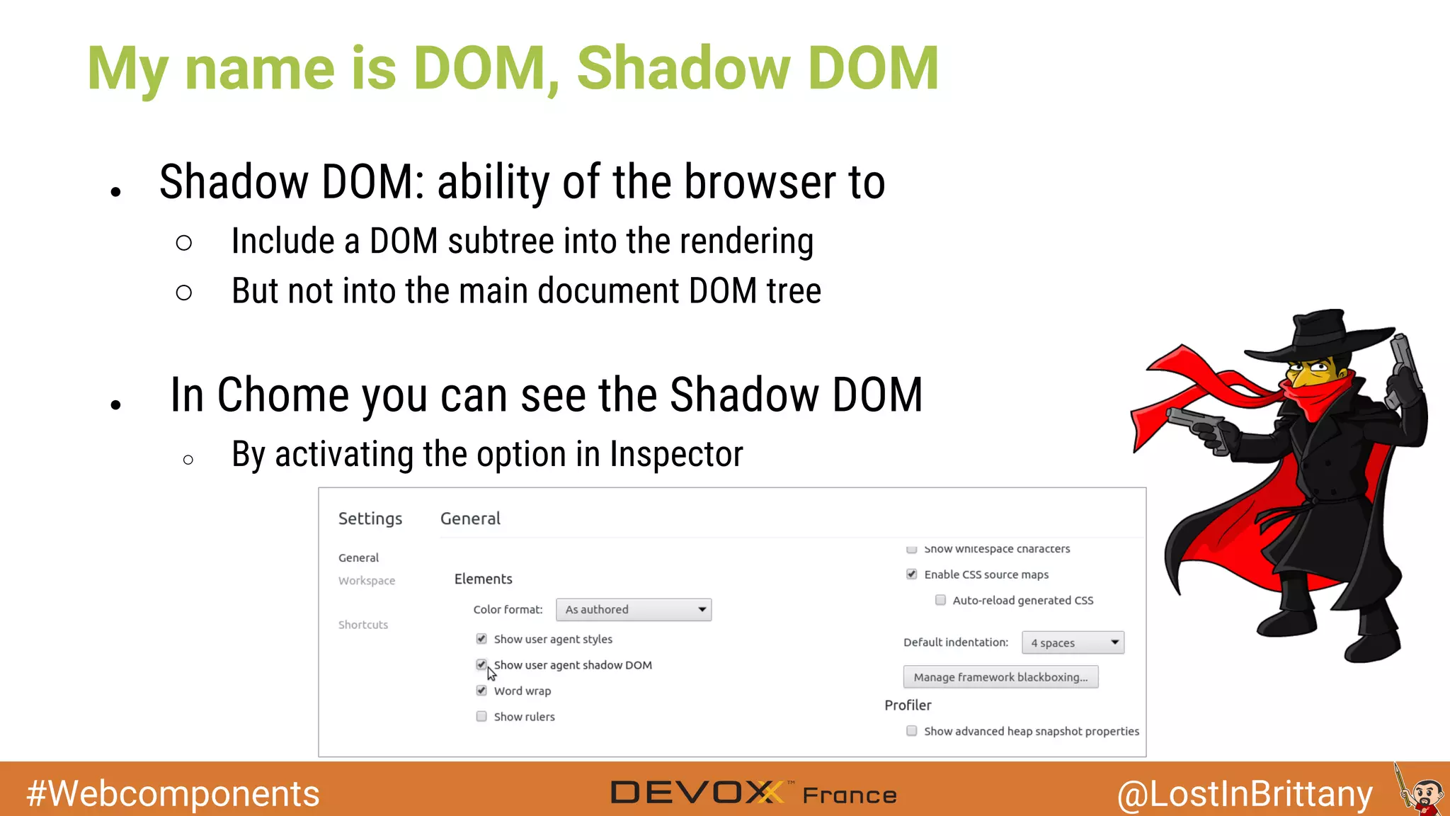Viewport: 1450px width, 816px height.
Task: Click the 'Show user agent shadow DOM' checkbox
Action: click(481, 664)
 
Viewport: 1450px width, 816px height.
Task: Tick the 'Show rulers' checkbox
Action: click(481, 716)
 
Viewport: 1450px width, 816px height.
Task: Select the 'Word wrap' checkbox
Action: click(481, 691)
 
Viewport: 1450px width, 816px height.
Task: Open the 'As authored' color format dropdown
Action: click(634, 609)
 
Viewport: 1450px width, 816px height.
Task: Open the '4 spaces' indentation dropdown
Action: click(1073, 642)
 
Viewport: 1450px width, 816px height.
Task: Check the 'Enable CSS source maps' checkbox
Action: click(912, 574)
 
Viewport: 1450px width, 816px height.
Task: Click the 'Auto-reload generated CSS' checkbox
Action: click(940, 600)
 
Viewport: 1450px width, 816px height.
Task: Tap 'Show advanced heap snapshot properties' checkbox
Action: click(912, 731)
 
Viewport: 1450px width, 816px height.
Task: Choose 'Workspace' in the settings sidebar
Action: click(367, 580)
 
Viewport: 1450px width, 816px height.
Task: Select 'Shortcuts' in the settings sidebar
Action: click(363, 625)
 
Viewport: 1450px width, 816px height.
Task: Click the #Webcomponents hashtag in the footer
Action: click(173, 793)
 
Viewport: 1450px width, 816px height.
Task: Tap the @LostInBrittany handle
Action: click(1245, 793)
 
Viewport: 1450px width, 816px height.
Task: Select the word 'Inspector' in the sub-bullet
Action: click(676, 454)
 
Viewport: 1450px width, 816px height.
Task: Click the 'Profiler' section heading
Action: click(908, 705)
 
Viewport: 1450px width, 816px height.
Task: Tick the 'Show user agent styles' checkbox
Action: click(481, 639)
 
